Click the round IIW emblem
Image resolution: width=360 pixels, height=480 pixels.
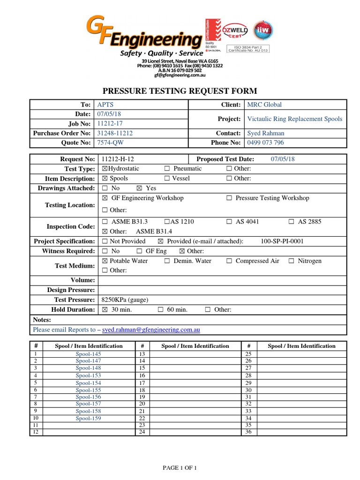point(262,30)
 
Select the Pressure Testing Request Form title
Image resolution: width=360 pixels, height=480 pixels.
point(180,91)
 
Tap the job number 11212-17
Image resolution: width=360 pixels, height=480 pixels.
point(110,124)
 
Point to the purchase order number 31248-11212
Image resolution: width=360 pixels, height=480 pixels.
point(115,133)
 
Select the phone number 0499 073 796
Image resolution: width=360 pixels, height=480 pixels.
point(265,142)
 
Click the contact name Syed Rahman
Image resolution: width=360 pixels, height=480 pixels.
point(265,133)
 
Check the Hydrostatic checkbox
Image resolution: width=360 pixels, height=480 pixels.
point(105,169)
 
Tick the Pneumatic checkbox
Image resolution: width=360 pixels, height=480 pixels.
point(167,169)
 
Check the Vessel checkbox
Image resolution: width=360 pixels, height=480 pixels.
point(167,179)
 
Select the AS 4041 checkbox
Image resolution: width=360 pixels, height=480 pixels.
point(229,222)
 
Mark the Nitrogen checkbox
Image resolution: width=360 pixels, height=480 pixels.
point(292,261)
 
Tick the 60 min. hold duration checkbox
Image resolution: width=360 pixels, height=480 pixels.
point(161,310)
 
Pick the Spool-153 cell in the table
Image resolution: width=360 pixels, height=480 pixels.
point(88,375)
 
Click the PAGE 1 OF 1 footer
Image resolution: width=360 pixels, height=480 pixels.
point(180,468)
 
